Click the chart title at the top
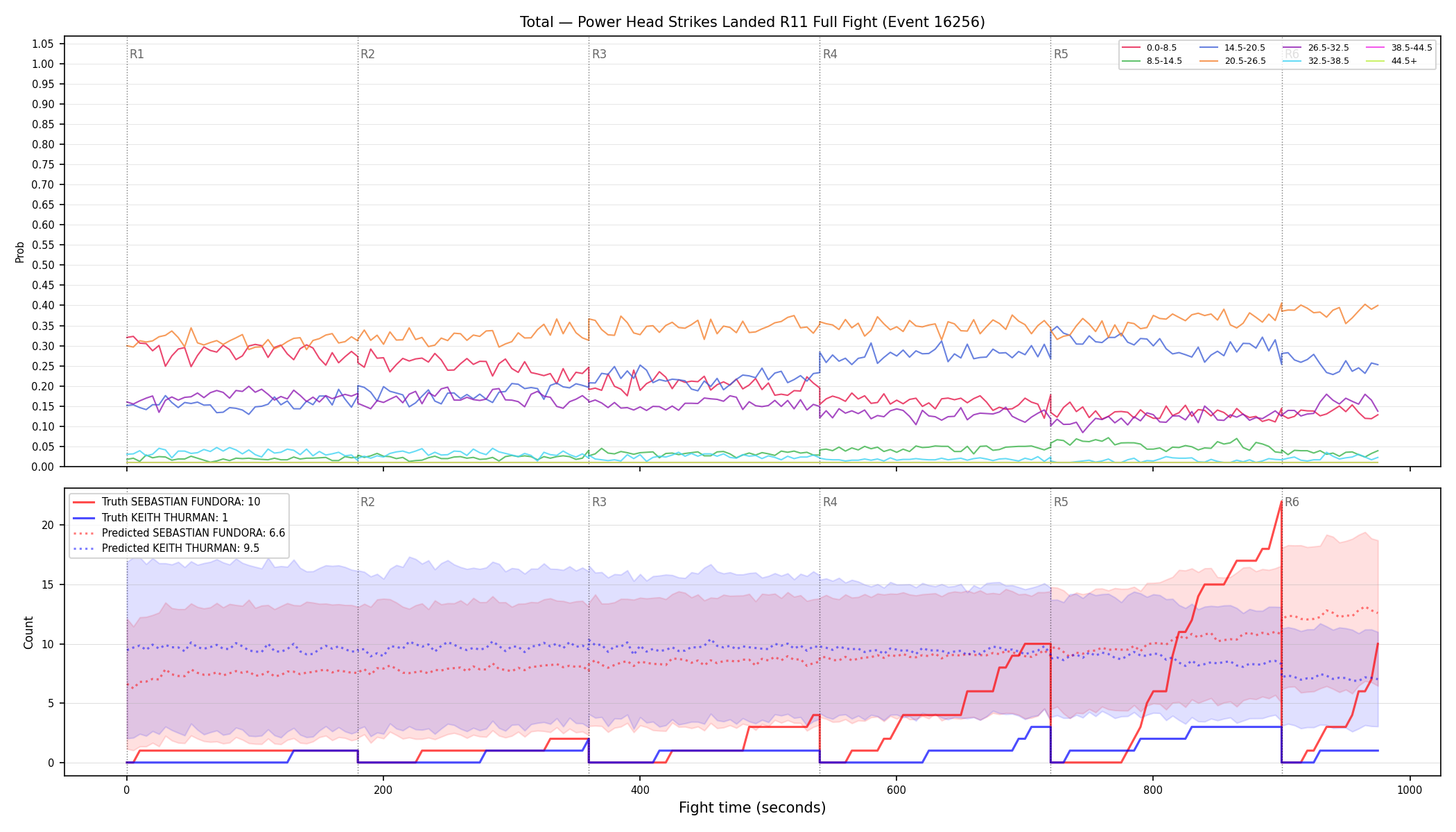point(752,22)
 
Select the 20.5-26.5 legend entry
point(1235,61)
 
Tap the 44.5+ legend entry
point(1393,61)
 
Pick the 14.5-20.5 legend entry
point(1235,48)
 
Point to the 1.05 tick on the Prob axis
point(43,44)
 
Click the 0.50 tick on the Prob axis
point(43,265)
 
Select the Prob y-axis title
point(19,252)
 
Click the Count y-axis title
point(28,632)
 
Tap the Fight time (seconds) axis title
point(752,808)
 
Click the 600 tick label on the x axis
point(896,790)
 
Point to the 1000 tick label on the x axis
point(1410,790)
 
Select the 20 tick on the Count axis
point(48,525)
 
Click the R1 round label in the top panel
point(137,54)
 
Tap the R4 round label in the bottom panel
point(830,502)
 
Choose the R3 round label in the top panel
point(599,54)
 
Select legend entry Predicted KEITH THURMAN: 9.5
point(180,548)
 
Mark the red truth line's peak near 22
point(1281,501)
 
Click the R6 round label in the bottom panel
point(1292,502)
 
